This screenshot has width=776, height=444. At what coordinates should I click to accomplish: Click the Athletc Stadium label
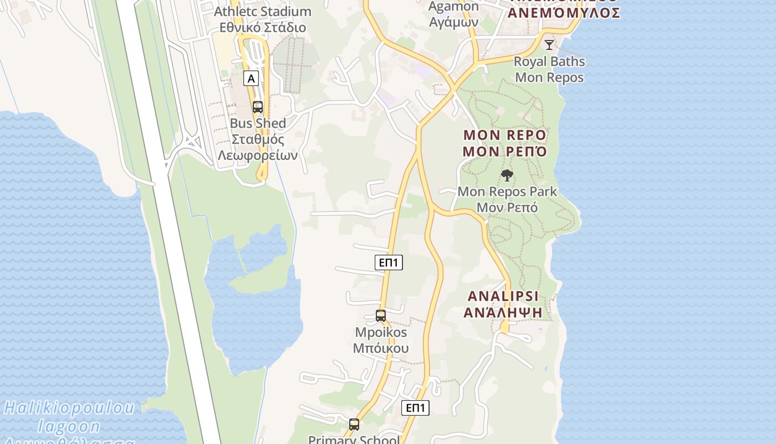(x=263, y=19)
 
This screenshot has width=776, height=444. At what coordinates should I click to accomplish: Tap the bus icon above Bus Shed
(x=258, y=107)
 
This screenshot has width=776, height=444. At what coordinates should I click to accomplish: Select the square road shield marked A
(x=251, y=78)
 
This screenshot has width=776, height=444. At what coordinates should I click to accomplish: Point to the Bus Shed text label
(x=258, y=139)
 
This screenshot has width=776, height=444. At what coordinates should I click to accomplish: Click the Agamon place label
(x=454, y=14)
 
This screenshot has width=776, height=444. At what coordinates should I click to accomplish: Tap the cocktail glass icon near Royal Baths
(x=549, y=44)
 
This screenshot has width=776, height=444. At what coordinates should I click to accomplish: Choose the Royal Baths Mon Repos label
(x=549, y=69)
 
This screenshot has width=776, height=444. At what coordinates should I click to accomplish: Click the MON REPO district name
(x=505, y=143)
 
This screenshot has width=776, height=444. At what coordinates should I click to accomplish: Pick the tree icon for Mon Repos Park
(x=507, y=175)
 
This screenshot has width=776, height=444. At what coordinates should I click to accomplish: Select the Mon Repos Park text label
(x=507, y=199)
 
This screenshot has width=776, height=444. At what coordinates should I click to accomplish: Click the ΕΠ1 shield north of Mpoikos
(x=389, y=263)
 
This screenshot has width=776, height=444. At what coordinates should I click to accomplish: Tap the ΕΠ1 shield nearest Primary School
(x=415, y=408)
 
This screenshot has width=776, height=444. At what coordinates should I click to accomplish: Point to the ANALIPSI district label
(x=503, y=304)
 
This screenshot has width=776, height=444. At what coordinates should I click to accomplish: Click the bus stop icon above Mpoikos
(x=381, y=316)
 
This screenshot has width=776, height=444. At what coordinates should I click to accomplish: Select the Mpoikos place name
(x=381, y=340)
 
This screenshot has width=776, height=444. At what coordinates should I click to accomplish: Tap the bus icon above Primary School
(x=354, y=425)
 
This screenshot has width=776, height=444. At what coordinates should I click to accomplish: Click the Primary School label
(x=354, y=440)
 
